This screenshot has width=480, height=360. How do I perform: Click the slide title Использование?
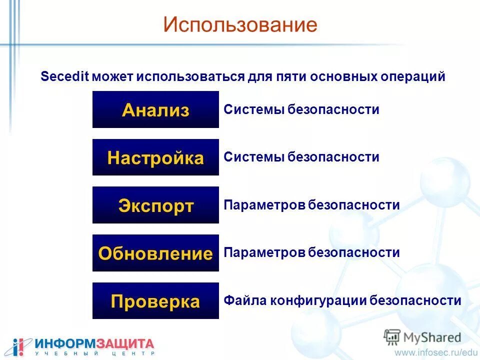click(240, 24)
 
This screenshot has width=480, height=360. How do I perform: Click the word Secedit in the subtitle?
click(64, 77)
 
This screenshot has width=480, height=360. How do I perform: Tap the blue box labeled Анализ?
click(155, 110)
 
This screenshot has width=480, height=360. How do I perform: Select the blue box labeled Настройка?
click(155, 158)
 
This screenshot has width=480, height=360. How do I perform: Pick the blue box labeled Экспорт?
click(155, 205)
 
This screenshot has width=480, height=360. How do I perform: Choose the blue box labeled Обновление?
click(155, 253)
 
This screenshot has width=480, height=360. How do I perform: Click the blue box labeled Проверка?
click(155, 301)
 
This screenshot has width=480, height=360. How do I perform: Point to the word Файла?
click(245, 300)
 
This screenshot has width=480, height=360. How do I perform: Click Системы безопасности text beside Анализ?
click(301, 109)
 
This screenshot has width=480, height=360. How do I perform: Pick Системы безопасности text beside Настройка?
click(301, 157)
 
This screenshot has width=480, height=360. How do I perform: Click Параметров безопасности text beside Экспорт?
click(311, 205)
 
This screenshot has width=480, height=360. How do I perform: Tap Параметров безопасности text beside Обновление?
click(311, 252)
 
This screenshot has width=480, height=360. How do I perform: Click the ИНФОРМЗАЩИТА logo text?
click(94, 343)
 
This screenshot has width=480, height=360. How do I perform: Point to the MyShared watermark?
click(422, 336)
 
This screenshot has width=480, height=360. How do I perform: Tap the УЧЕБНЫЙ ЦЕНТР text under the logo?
click(94, 353)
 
